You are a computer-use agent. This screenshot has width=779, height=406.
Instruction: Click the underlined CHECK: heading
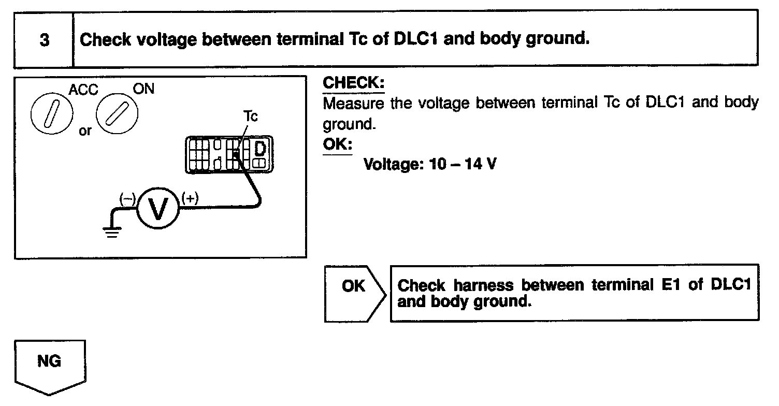pos(354,83)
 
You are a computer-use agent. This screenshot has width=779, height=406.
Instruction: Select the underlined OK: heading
pos(337,144)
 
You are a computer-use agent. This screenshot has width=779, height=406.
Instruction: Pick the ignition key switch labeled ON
pos(117,113)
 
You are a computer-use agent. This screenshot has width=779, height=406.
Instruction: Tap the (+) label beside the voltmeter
pos(190,198)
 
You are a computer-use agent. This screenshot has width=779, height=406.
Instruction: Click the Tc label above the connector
pos(251,117)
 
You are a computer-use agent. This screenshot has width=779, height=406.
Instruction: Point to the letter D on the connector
pos(261,149)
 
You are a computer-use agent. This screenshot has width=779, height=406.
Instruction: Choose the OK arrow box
pos(355,293)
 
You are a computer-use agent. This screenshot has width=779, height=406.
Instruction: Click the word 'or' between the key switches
pos(85,130)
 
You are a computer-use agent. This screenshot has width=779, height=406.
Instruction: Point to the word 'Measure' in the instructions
pos(354,103)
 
